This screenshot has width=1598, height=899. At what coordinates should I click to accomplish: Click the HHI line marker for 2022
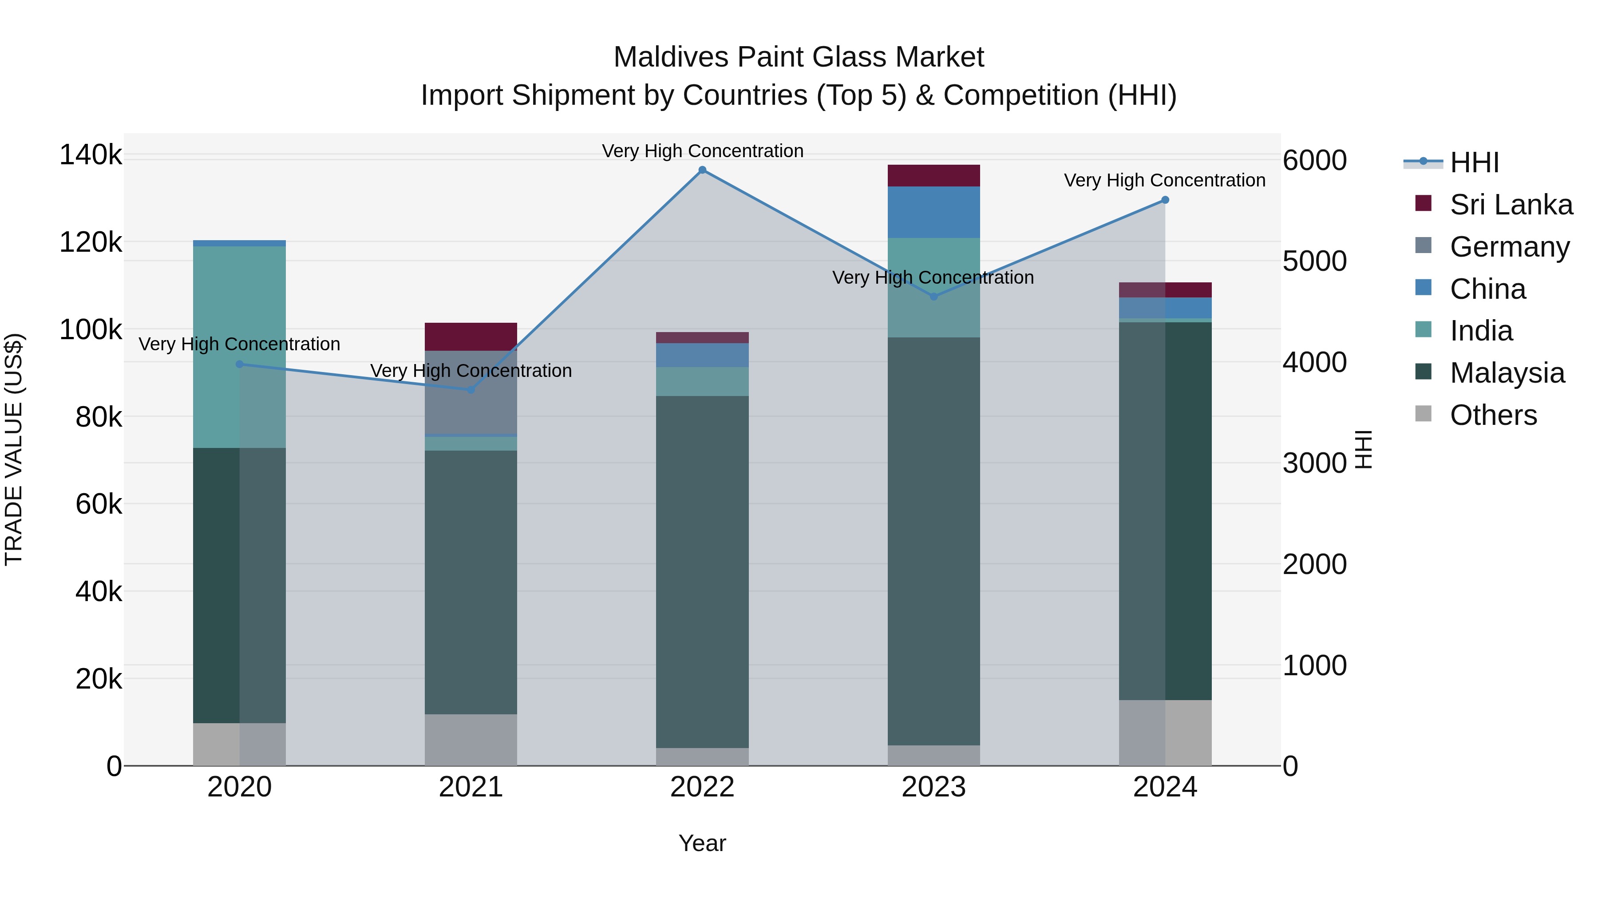[702, 170]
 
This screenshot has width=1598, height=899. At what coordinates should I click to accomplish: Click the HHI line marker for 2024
[1165, 200]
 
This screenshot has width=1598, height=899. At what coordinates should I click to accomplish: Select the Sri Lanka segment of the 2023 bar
[933, 175]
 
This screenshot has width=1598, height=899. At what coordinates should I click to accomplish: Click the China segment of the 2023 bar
[933, 212]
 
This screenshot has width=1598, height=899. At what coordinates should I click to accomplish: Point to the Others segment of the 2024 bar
[1165, 732]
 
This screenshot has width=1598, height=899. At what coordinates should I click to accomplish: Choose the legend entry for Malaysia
[1507, 373]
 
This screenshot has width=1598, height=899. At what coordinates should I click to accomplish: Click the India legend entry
[1481, 331]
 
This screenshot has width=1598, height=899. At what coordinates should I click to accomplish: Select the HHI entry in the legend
[1474, 162]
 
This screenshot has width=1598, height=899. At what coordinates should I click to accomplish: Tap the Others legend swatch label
[1493, 415]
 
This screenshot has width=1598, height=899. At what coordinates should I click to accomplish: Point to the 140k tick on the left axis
[91, 154]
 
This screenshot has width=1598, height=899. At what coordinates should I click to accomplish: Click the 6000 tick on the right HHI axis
[1314, 160]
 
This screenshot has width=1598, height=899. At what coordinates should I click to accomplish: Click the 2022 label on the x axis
[702, 787]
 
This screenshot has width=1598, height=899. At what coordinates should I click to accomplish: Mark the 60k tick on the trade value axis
[98, 504]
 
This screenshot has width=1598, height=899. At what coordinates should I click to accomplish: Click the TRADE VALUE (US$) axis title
[14, 449]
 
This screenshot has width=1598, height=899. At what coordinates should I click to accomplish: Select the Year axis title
[702, 843]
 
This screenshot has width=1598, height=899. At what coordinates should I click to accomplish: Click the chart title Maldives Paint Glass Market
[799, 57]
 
